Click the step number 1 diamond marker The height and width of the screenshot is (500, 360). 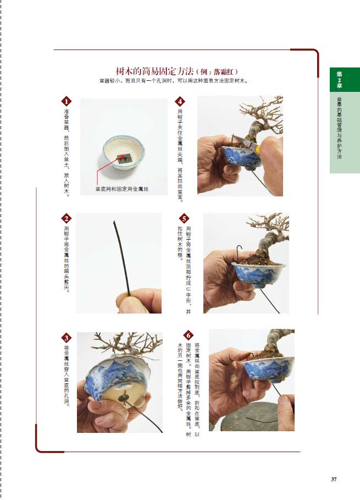[x=67, y=101]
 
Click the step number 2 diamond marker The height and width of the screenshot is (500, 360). [x=67, y=218]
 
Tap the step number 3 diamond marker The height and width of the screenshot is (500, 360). [x=67, y=338]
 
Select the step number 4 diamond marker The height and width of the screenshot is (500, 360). [x=180, y=101]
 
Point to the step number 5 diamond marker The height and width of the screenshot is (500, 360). [x=184, y=218]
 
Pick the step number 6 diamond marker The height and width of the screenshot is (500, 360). [x=189, y=335]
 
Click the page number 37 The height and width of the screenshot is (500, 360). [x=334, y=479]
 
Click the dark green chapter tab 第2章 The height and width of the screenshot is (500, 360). [x=340, y=80]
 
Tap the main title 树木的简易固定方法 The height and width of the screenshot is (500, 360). [x=154, y=71]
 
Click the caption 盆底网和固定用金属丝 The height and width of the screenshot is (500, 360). [x=122, y=189]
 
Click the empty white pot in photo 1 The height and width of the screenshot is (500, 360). [x=123, y=152]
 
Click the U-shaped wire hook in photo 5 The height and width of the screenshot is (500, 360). [x=239, y=252]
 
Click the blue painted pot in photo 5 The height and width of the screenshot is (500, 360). [x=258, y=274]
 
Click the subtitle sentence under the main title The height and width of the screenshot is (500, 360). [x=174, y=81]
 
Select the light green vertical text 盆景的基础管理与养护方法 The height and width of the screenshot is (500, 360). [x=339, y=128]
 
